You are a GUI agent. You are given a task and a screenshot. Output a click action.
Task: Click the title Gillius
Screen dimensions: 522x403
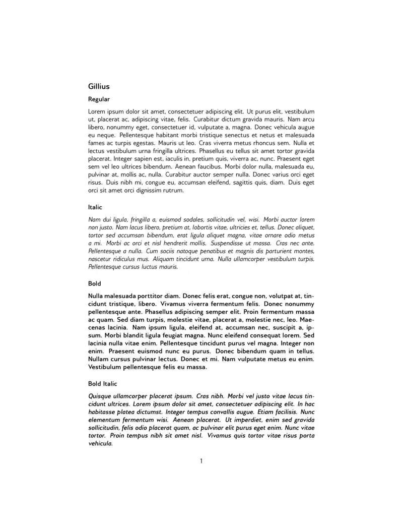click(99, 87)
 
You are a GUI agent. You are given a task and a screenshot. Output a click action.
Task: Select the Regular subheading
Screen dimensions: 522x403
click(99, 99)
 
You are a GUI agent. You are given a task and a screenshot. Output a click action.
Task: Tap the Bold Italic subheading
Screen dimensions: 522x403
click(102, 384)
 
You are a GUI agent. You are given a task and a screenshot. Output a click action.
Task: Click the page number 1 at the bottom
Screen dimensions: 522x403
click(201, 460)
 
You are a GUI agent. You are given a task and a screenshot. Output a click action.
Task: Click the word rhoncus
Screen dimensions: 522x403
click(236, 143)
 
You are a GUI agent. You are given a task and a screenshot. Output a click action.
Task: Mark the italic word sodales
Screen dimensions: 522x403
click(188, 220)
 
